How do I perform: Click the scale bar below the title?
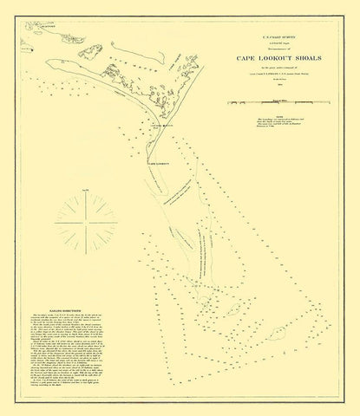[277, 103]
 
